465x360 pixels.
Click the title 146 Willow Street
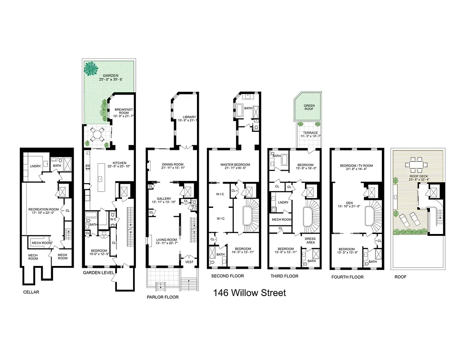[x=250, y=293]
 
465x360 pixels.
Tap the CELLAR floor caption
[x=31, y=292]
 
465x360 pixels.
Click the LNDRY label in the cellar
[x=36, y=166]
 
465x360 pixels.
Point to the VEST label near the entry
[x=189, y=261]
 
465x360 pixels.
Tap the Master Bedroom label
[x=235, y=166]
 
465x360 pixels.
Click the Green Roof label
[x=309, y=108]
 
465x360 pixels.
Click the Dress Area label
[x=310, y=241]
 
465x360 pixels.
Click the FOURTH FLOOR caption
[x=347, y=277]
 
